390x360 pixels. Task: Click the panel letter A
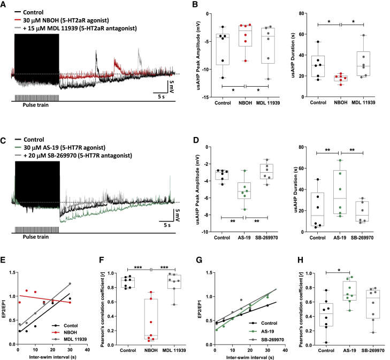click(x=4, y=4)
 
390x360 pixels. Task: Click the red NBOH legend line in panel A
click(x=18, y=18)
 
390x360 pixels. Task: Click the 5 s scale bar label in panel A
click(x=158, y=96)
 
